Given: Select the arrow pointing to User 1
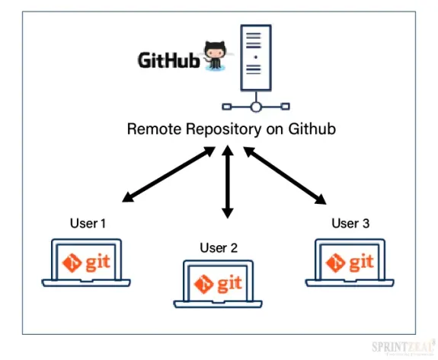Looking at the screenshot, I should coord(168,176).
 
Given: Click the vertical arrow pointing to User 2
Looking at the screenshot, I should coord(226,183).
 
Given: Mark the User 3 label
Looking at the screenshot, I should coord(350,223).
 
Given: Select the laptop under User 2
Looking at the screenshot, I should coord(219,285).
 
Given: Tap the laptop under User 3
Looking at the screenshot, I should coord(350,263).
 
